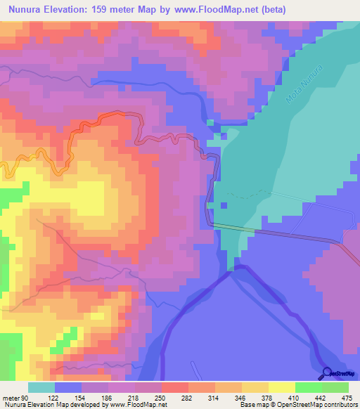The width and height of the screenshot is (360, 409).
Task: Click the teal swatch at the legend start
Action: [41, 388]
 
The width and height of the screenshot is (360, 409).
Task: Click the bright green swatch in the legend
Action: [308, 388]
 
